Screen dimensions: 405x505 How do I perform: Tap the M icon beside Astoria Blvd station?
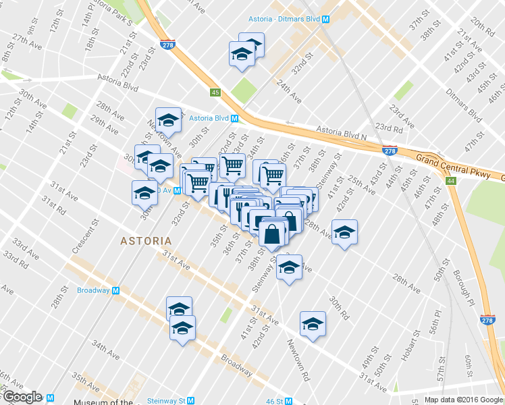tap(235, 118)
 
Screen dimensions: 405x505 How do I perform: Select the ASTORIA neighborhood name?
tap(145, 240)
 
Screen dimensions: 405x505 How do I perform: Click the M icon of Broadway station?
tap(115, 290)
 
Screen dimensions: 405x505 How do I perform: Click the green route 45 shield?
tap(215, 92)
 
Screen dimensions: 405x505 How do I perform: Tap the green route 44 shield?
tap(450, 181)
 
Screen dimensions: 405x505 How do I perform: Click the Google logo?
tap(22, 397)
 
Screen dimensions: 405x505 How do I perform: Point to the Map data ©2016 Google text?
tap(463, 400)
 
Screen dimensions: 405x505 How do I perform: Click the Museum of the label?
tap(103, 403)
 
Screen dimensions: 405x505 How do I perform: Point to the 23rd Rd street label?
tap(388, 128)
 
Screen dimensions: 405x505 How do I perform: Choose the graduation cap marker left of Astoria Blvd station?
tap(168, 121)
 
